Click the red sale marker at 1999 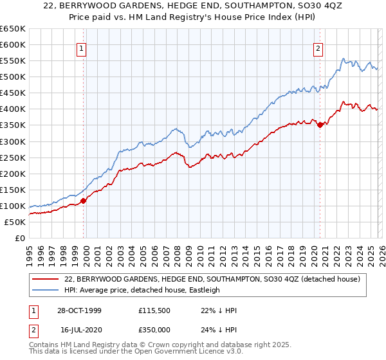pyautogui.click(x=84, y=201)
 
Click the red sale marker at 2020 pyautogui.click(x=320, y=125)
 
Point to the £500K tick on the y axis pyautogui.click(x=12, y=76)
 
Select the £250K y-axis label pyautogui.click(x=12, y=157)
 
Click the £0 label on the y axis pyautogui.click(x=19, y=238)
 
